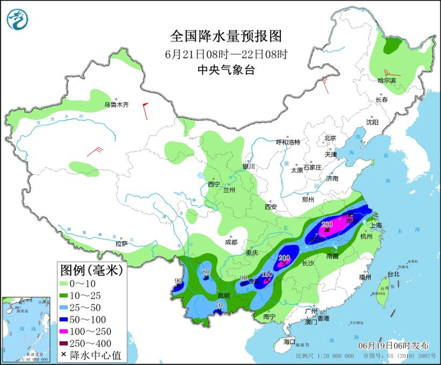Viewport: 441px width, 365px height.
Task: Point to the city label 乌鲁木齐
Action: pos(116,104)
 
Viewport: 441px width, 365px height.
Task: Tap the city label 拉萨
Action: pos(122,243)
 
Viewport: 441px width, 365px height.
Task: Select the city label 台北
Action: pos(392,274)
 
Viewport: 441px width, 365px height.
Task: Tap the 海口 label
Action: pos(289,341)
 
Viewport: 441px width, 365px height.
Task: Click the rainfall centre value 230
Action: pos(326,224)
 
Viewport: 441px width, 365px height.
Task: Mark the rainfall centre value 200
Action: pos(284,257)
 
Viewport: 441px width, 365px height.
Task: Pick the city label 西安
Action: pos(271,207)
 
